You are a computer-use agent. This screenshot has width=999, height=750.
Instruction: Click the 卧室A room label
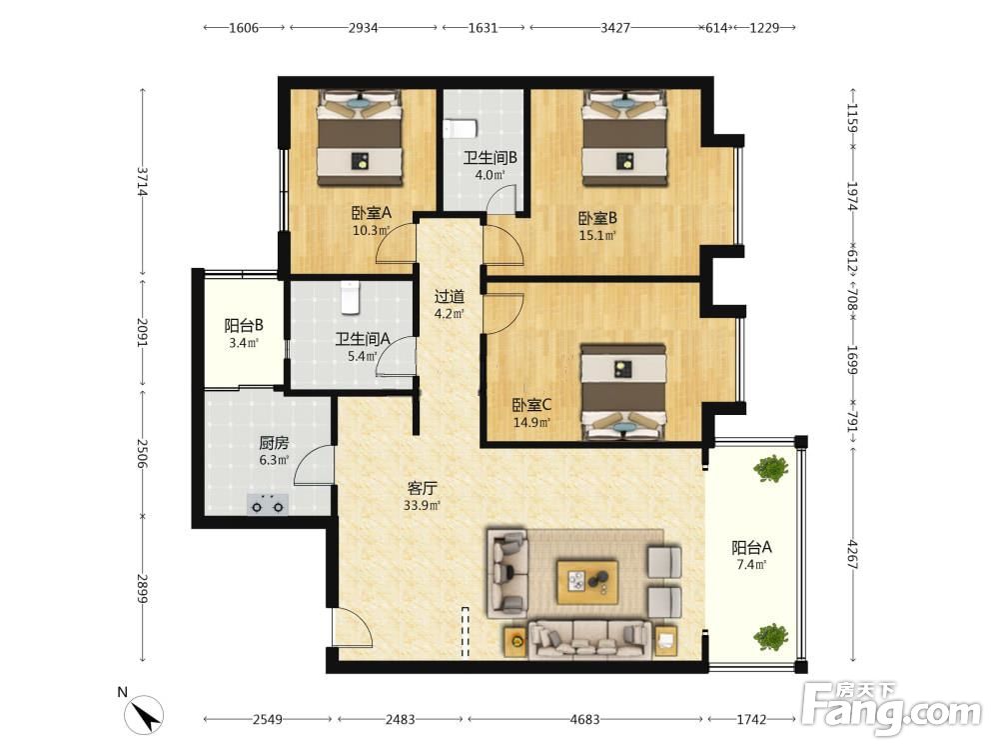click(x=372, y=213)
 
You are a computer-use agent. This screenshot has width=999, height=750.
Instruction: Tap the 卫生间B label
click(x=490, y=158)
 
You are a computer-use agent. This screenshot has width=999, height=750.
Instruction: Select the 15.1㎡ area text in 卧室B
click(x=597, y=235)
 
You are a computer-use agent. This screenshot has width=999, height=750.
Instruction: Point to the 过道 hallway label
click(x=450, y=297)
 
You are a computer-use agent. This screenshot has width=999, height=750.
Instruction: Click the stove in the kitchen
click(x=268, y=504)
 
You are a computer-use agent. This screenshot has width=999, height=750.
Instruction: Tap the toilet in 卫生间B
click(x=460, y=128)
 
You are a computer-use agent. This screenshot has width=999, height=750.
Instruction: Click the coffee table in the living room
click(x=586, y=581)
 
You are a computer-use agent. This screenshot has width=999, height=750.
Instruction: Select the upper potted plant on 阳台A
click(x=771, y=469)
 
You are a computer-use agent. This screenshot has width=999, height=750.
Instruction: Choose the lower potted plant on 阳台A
click(x=771, y=636)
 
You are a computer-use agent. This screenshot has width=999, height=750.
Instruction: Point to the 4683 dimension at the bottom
click(x=584, y=719)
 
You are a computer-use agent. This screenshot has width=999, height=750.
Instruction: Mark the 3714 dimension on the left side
click(x=143, y=182)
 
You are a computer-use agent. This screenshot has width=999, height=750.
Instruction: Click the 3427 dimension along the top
click(x=614, y=27)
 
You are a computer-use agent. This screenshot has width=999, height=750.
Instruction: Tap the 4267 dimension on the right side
click(x=854, y=554)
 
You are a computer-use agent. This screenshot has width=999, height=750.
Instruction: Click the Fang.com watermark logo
click(x=891, y=708)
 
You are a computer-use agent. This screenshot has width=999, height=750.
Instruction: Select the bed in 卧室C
click(x=623, y=392)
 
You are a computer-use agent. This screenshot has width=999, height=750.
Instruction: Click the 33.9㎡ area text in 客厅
click(x=422, y=506)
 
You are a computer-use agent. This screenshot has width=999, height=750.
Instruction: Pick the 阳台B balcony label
click(x=244, y=326)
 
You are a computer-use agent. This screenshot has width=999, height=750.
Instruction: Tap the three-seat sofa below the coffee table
click(x=589, y=639)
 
